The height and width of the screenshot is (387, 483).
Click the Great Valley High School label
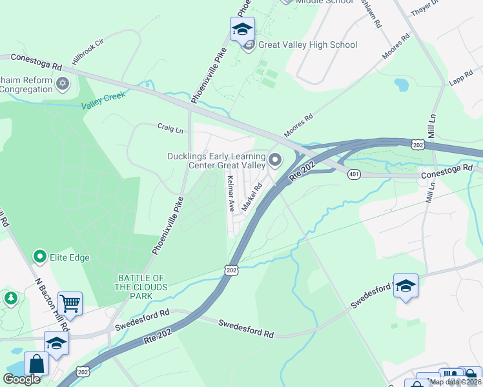click(307, 45)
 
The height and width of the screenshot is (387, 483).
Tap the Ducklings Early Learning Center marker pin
click(276, 159)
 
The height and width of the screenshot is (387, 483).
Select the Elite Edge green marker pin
click(40, 257)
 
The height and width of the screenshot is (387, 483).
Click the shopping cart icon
click(70, 303)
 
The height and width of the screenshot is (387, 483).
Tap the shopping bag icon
click(36, 363)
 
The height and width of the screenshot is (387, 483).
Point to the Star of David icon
click(63, 83)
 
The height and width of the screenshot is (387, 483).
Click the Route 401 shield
click(354, 174)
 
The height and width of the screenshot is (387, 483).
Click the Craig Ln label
click(170, 129)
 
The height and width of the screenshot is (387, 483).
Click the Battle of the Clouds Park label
click(142, 287)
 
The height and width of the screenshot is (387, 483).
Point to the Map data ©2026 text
click(455, 382)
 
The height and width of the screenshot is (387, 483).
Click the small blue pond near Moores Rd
click(401, 84)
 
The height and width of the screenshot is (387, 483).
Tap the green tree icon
click(10, 298)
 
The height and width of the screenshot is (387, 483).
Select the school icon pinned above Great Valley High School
click(242, 29)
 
